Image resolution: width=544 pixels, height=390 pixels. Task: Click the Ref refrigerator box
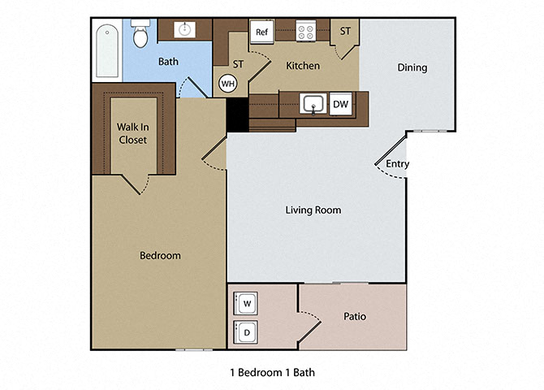261,32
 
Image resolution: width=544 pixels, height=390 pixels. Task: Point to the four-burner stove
306,32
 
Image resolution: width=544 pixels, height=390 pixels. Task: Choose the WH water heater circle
228,83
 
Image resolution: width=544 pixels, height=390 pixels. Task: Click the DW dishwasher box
340,104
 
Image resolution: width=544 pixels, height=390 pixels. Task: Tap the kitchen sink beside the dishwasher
312,104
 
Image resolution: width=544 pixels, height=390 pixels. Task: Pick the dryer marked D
247,331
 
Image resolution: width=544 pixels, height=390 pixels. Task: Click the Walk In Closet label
133,132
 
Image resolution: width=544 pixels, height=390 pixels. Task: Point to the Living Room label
313,210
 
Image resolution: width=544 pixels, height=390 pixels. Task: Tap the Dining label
412,67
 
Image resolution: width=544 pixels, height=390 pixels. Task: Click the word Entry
397,164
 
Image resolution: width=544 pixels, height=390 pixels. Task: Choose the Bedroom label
160,255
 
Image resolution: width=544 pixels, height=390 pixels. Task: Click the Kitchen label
301,65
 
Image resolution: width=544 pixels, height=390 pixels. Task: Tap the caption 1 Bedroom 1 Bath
273,373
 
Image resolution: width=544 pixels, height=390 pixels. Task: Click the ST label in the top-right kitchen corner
345,32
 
